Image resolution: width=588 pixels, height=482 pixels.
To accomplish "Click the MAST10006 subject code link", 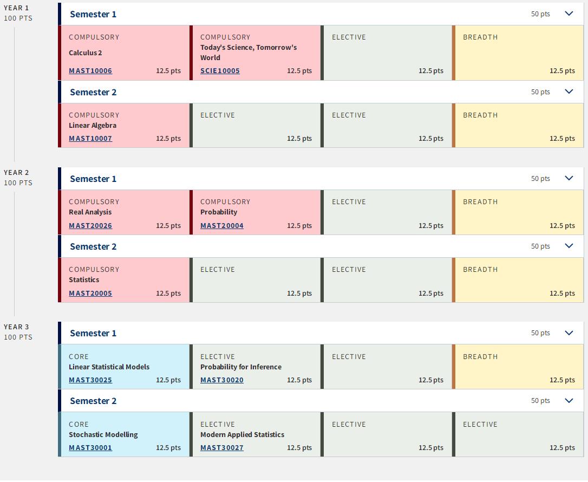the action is coord(90,70).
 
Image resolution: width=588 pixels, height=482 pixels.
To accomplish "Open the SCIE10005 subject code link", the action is coord(220,70).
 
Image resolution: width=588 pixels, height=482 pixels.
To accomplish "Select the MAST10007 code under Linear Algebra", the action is coord(90,139).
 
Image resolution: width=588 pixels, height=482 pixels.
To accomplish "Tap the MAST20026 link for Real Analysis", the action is coord(90,225).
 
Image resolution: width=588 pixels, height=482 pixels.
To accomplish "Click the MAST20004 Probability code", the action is coord(221,225).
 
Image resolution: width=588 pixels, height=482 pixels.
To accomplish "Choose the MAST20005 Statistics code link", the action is coord(90,294).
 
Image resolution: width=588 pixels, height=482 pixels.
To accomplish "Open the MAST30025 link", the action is coord(90,380).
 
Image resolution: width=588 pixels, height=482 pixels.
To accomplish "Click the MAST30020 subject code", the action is coord(221,380).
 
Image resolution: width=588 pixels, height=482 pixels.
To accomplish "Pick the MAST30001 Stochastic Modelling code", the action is coord(90,447).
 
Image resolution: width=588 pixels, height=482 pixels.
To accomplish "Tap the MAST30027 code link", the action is coord(221,447).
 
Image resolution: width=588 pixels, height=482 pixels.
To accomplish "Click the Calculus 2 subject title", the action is coord(86,53).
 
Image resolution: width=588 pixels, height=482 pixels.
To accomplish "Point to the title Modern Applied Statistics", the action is coord(242,434).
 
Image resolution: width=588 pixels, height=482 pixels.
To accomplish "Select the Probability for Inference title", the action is coord(241,367).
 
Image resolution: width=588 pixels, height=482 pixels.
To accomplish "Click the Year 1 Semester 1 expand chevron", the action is coord(569,14).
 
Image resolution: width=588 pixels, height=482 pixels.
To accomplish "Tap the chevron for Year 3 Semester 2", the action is coord(569,401).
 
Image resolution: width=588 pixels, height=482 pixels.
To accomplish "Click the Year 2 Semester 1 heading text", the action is coord(93,179).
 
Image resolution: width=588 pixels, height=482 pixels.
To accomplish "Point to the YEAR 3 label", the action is coord(16,327).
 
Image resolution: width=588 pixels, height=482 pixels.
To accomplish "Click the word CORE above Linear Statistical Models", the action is coord(79,357).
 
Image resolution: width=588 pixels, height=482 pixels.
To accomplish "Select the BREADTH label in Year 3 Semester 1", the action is coord(480,357).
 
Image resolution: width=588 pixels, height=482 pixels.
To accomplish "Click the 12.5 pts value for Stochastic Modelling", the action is coord(168,447).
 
